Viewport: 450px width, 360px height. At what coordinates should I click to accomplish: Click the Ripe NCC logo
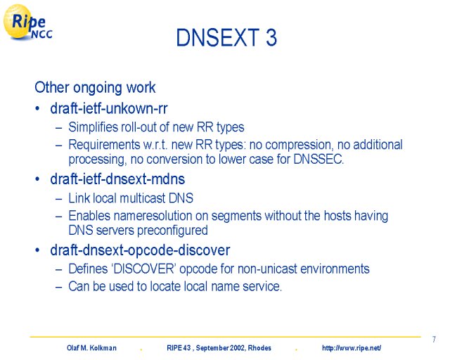pyautogui.click(x=27, y=22)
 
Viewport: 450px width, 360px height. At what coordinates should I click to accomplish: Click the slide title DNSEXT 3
pyautogui.click(x=226, y=37)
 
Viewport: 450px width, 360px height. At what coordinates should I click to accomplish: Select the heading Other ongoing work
pyautogui.click(x=95, y=88)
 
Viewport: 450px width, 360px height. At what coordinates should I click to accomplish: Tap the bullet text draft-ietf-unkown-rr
pyautogui.click(x=109, y=108)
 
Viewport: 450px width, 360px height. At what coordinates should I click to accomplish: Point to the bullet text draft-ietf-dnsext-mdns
pyautogui.click(x=117, y=179)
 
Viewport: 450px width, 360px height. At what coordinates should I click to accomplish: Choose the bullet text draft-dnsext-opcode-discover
pyautogui.click(x=140, y=250)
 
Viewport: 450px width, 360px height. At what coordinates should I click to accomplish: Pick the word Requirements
pyautogui.click(x=104, y=145)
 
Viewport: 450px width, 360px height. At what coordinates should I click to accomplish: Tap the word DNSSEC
pyautogui.click(x=319, y=159)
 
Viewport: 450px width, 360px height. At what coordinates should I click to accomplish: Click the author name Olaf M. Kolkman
pyautogui.click(x=92, y=348)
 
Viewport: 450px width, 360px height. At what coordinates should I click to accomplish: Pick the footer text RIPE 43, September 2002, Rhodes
pyautogui.click(x=219, y=348)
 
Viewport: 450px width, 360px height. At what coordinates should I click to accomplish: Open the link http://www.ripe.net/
pyautogui.click(x=352, y=348)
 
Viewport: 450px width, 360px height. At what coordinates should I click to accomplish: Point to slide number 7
pyautogui.click(x=434, y=340)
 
